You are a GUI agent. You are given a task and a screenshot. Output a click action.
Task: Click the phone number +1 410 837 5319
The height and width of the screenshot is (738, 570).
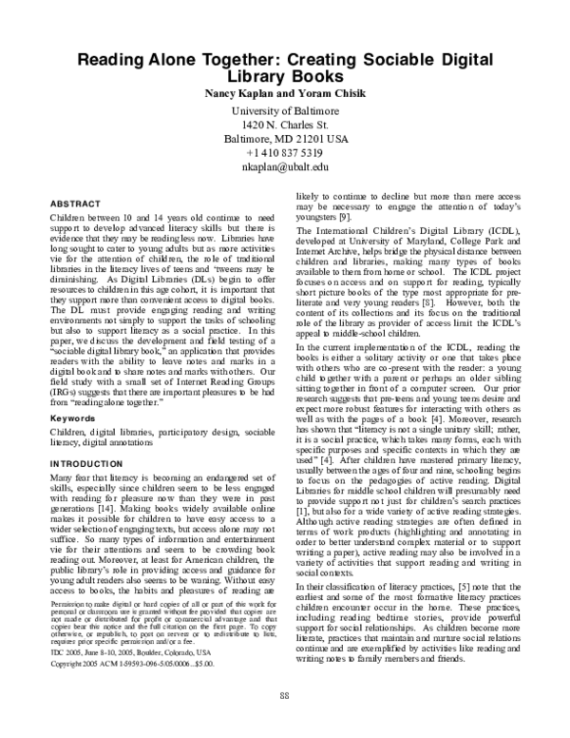pos(286,153)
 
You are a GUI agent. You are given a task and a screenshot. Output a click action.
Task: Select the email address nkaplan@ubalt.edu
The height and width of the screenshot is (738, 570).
pos(286,167)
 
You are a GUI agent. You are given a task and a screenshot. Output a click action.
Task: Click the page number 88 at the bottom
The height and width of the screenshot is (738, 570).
pos(284,724)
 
